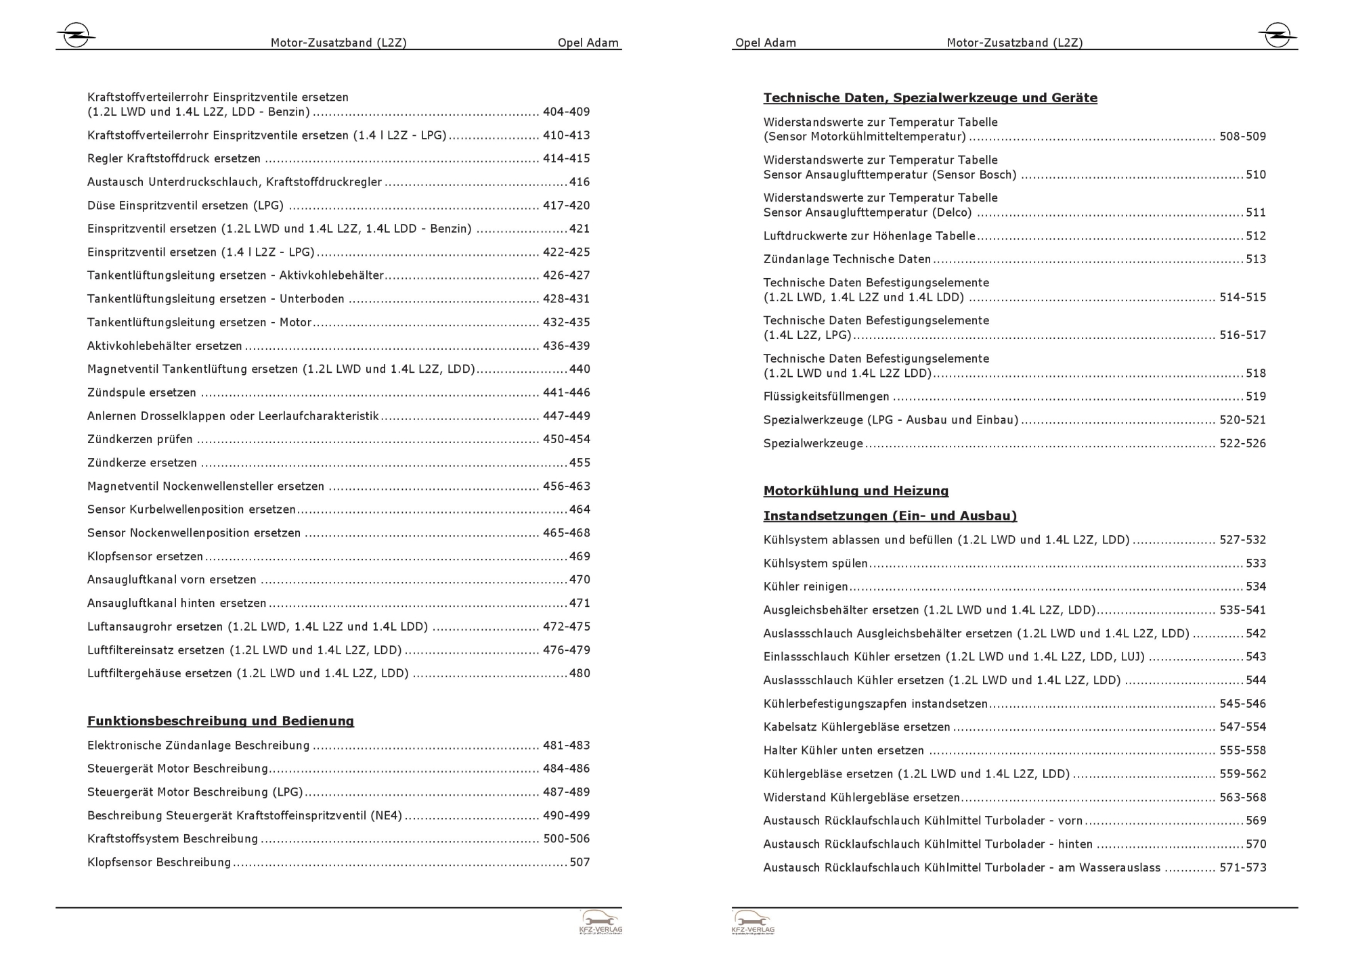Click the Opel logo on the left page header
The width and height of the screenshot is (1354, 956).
coord(76,35)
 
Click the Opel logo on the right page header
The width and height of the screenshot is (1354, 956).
coord(1277,35)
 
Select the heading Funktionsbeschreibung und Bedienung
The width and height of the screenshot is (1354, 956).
coord(220,721)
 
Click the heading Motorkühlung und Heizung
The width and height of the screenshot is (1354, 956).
coord(856,491)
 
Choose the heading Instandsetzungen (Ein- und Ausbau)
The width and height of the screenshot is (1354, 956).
coord(890,516)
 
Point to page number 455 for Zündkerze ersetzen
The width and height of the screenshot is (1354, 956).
coord(580,463)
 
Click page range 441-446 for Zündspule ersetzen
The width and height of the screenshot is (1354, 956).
coord(566,392)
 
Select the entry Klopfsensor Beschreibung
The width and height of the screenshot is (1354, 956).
coord(159,863)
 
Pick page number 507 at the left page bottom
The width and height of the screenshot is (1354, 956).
coord(580,863)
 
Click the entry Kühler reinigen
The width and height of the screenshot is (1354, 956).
coord(806,587)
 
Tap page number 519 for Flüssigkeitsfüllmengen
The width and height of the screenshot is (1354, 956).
coord(1256,396)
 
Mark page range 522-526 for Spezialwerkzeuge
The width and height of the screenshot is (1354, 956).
coord(1242,444)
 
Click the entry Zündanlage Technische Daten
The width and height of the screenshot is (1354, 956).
coord(847,259)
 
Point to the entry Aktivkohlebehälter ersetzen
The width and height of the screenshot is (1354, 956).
coord(165,346)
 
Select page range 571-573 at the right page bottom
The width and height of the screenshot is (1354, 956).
coord(1242,868)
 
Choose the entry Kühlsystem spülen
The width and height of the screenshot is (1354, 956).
coord(815,564)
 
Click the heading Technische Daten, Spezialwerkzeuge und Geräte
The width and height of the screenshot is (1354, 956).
coord(930,98)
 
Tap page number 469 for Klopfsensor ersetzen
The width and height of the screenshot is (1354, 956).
coord(580,557)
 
